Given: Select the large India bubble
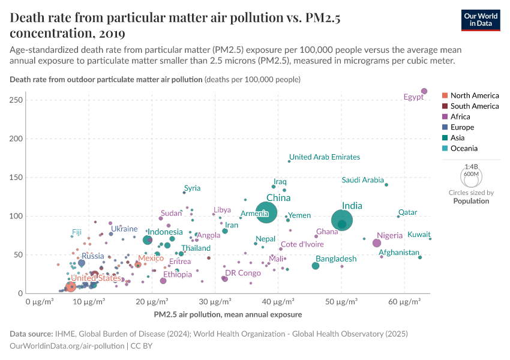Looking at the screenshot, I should tap(341, 221).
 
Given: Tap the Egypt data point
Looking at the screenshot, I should tap(424, 91).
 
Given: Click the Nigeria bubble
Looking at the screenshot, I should tap(377, 243).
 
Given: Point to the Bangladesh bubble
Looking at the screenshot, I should tap(316, 266).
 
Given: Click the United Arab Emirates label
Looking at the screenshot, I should tap(325, 157).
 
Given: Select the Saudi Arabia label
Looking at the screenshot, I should tap(362, 180).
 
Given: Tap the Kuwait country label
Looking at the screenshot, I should tap(419, 235).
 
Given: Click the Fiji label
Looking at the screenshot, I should tap(77, 232).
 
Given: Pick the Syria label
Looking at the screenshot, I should tap(192, 188).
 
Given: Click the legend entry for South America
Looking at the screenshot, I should tap(474, 106).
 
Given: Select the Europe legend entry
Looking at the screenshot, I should tap(462, 127).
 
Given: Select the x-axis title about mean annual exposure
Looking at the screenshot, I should tap(227, 314).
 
